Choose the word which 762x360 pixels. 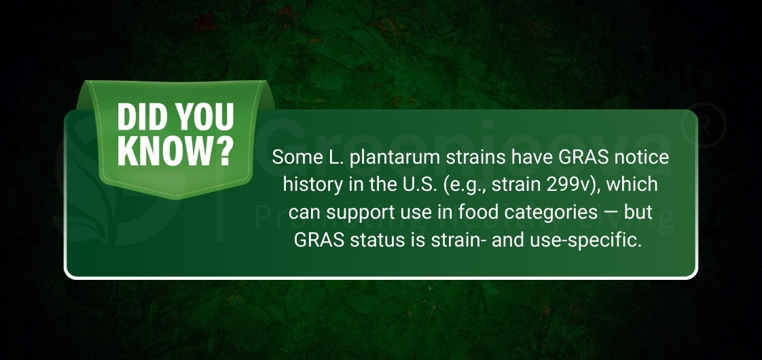coord(633,185)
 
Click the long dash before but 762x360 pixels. coord(610,213)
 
